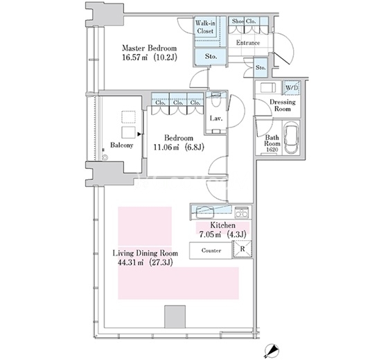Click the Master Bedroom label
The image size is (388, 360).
coord(150,48)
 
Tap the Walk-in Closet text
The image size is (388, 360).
coord(205,27)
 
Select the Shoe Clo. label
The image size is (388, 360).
coord(244,21)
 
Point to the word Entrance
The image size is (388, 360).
coord(248,42)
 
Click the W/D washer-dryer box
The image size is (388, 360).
coord(292,88)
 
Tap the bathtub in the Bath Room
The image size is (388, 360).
coord(292,138)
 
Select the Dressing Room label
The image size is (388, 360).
coord(283,105)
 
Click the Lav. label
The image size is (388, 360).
coord(216,118)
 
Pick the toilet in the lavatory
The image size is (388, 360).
coord(216,100)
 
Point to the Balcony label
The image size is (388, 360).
coord(122,145)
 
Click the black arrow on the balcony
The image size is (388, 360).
coord(139,134)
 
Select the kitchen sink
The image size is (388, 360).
coord(205,212)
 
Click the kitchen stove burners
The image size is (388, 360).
coord(242,212)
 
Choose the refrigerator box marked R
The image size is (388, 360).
coord(242,249)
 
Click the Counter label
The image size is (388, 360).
coord(211,251)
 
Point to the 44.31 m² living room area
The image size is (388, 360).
coord(145,262)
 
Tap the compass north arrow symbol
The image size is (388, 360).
coord(272,350)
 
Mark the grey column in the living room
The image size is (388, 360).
coord(175,317)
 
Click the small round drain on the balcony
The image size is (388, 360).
coord(105,157)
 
